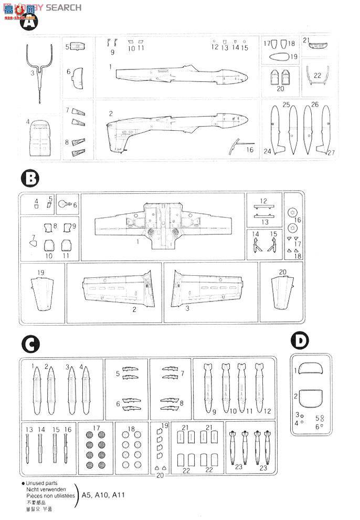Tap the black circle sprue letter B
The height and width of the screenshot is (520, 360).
point(30,178)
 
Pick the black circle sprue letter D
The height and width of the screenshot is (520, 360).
point(300,340)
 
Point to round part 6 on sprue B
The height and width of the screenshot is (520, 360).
point(64,204)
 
